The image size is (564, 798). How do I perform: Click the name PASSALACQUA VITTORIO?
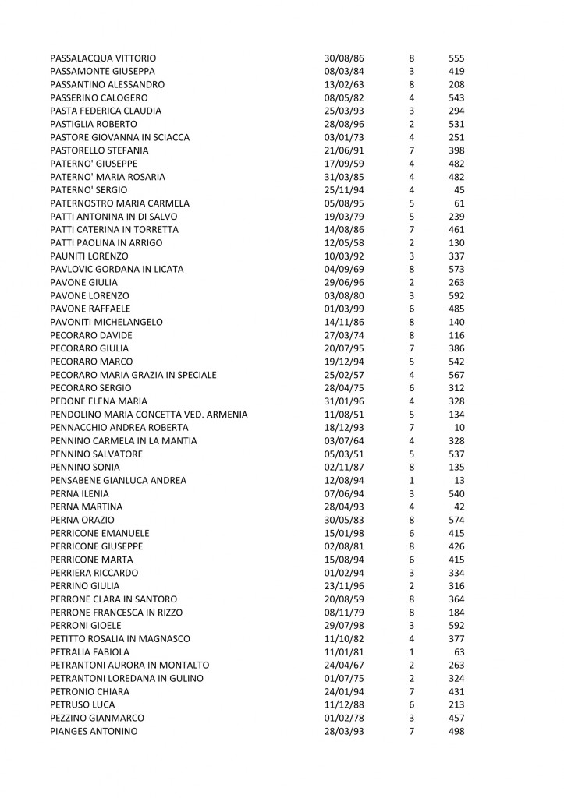103,58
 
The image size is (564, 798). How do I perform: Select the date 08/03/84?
344,71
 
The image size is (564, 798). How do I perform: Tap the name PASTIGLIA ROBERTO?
94,124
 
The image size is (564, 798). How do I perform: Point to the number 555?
456,58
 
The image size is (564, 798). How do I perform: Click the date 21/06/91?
344,150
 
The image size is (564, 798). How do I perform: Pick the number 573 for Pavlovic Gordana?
456,269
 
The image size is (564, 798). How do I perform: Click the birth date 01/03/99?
344,309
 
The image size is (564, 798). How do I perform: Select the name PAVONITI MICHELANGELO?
106,322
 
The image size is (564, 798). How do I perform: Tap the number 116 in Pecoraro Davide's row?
456,335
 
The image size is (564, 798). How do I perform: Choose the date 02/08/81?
344,547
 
